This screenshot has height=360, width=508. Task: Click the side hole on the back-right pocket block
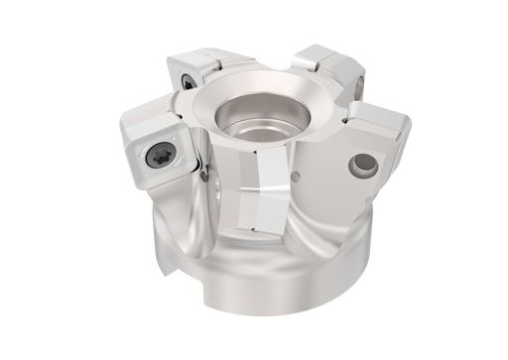358,86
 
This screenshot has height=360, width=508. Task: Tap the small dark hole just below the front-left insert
202,177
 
